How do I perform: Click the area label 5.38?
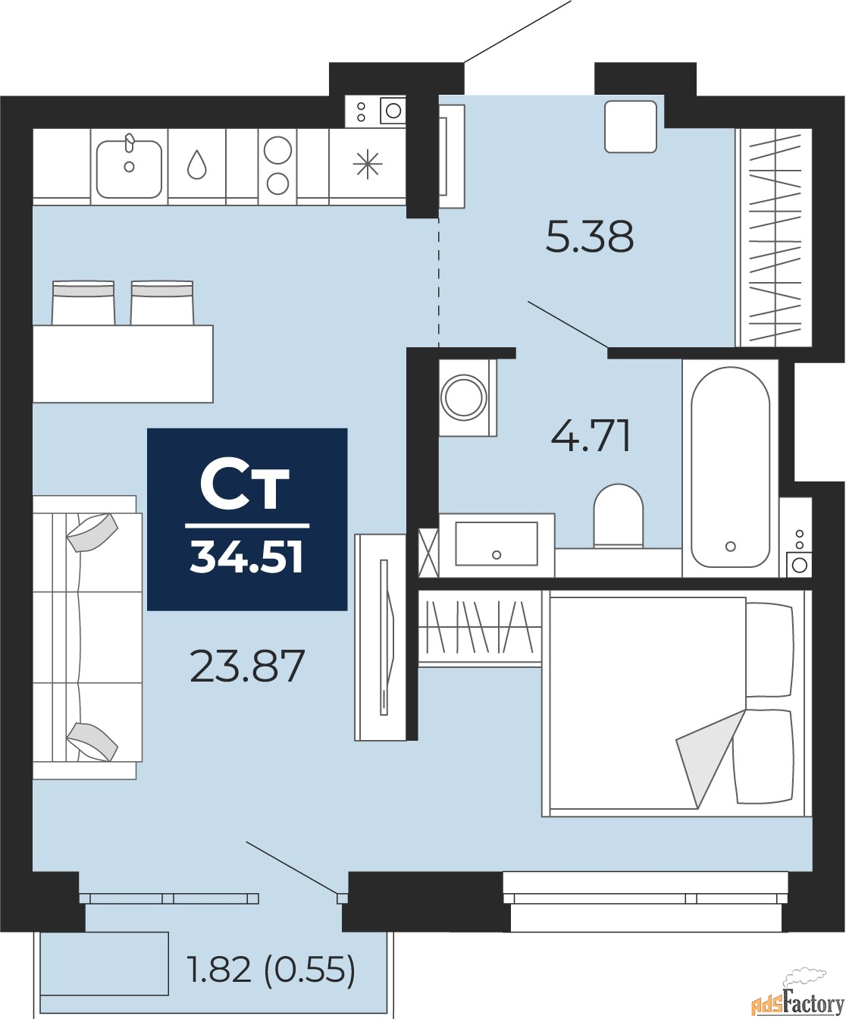pos(590,237)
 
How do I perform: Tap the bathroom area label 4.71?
pos(591,436)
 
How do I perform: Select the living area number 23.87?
pos(247,666)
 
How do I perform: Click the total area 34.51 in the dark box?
pos(247,557)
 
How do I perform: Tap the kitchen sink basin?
pos(129,168)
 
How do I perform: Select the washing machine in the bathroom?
pos(464,397)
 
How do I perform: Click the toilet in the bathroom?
pos(618,515)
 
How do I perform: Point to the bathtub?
pos(730,468)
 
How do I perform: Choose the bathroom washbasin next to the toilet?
pos(496,544)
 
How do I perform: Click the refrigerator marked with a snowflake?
pos(368,165)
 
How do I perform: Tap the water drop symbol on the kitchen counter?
pos(197,165)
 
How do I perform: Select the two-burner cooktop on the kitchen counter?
pos(277,165)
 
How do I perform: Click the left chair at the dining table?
pos(83,303)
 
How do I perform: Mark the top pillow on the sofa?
pos(92,531)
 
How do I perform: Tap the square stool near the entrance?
pos(630,127)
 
